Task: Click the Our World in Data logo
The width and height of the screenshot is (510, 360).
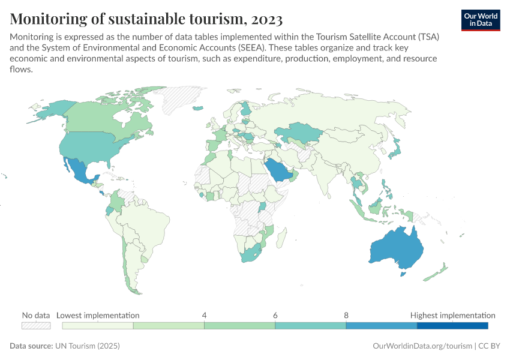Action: [481, 20]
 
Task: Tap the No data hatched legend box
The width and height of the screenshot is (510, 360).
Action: [35, 325]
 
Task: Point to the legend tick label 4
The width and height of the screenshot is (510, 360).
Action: [205, 315]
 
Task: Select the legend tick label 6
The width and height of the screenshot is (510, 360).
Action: [275, 315]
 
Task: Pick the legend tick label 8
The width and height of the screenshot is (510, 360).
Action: [346, 315]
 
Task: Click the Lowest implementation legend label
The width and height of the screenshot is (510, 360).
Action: [98, 315]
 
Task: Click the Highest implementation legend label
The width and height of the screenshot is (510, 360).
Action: [452, 315]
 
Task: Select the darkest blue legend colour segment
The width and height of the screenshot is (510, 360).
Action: [452, 325]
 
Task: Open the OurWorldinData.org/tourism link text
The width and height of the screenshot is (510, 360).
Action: [422, 346]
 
